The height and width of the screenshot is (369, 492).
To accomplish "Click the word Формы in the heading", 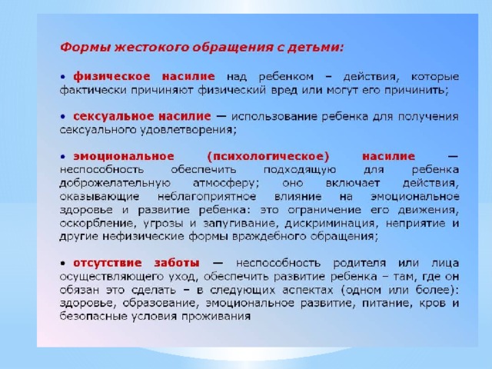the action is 85,48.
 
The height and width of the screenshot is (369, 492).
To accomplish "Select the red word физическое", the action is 112,77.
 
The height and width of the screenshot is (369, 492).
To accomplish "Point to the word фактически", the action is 93,90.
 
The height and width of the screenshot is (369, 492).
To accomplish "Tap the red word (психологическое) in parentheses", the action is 268,156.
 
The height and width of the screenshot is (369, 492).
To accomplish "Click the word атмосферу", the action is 226,183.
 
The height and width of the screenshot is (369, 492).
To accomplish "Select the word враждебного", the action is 269,237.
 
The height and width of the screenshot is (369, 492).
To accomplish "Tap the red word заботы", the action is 177,263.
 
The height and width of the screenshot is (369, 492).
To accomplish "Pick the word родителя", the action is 360,263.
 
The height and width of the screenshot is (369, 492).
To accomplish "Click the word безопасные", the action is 93,317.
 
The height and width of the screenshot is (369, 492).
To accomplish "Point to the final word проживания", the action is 216,317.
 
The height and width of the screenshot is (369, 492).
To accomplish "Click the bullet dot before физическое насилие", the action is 63,77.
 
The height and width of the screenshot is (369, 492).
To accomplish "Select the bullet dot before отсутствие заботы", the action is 63,263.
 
